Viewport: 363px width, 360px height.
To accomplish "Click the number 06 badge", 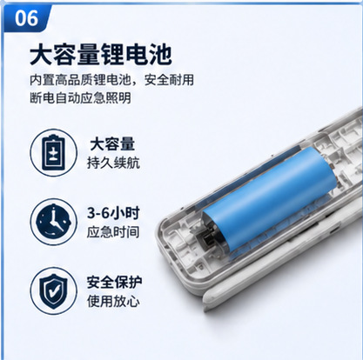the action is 26,18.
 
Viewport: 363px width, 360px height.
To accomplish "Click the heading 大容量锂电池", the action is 101,55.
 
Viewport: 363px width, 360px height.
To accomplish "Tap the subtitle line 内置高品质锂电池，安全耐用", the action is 111,80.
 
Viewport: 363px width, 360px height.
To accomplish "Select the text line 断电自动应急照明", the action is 80,98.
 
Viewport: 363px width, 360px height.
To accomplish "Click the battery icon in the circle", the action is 54,153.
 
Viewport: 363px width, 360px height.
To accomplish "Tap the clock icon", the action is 54,222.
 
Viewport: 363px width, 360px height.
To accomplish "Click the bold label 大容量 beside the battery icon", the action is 112,144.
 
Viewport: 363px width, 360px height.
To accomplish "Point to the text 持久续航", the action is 113,163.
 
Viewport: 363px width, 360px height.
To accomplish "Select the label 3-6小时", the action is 113,213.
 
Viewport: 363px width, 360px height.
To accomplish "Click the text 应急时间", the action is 113,232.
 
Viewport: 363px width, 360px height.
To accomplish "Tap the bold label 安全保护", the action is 114,283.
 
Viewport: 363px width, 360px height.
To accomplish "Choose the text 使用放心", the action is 113,302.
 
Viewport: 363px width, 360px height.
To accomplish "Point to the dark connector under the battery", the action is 207,239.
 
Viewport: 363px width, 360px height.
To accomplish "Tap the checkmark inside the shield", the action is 54,291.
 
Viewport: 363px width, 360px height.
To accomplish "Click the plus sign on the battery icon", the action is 54,151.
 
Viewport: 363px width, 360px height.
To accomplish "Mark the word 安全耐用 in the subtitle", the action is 169,80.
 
